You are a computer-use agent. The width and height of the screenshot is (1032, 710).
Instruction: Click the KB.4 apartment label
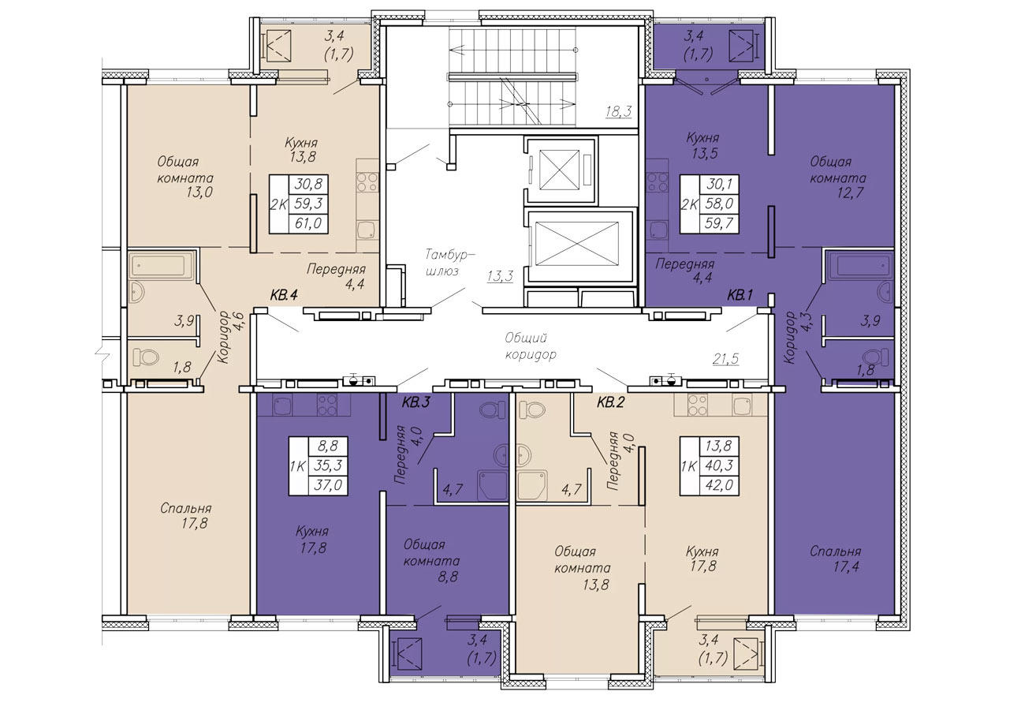(283, 296)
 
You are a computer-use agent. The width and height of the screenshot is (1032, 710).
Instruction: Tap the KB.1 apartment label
(740, 296)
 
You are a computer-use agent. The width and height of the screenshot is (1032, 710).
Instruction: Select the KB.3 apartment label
(415, 402)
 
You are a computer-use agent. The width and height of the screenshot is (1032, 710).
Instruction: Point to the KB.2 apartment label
(610, 402)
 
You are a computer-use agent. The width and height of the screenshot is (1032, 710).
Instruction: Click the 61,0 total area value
(308, 224)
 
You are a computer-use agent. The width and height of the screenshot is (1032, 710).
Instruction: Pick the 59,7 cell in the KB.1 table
(719, 224)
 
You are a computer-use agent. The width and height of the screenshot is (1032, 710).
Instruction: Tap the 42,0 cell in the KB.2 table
(719, 485)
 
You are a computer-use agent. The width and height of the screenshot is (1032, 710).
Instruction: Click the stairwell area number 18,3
(618, 111)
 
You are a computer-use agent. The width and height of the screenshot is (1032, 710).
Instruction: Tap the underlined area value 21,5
(725, 359)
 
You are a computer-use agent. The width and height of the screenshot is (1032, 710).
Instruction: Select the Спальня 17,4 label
(835, 559)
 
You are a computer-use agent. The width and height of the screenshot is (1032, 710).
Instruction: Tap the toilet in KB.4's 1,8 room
(146, 357)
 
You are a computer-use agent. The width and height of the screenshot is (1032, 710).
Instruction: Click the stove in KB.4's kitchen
(367, 182)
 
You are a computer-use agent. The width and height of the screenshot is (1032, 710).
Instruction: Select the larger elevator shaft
(577, 244)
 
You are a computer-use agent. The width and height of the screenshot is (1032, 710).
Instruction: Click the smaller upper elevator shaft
(559, 169)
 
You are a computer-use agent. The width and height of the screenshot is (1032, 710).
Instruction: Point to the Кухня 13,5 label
(702, 145)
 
